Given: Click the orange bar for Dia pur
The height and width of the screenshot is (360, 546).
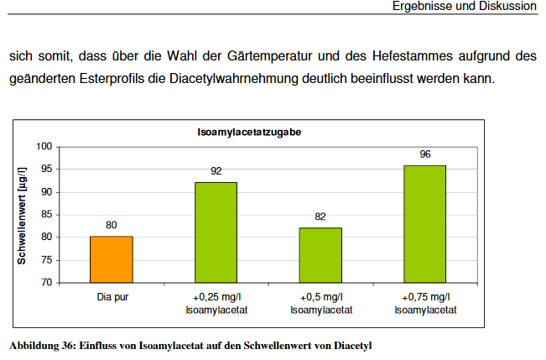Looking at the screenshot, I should pos(112,259).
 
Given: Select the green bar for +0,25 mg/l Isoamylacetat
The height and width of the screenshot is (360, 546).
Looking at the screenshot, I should pos(216,232).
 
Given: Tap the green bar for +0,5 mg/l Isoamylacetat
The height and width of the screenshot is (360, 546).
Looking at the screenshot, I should pos(320,255).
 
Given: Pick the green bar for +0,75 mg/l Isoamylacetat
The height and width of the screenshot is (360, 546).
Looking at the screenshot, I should pos(424,224).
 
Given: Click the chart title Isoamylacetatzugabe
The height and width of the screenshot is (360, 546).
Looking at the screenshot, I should pos(250,133).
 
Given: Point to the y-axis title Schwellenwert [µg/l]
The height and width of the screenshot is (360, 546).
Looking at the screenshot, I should pos(23,216).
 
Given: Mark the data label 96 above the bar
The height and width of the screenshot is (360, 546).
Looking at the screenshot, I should pos(425,154).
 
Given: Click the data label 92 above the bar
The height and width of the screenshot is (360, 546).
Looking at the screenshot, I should pos(216,171).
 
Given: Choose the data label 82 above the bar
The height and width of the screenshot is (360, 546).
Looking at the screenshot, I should pos(320,217).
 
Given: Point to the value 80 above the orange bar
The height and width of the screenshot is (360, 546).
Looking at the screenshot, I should pos(112,225).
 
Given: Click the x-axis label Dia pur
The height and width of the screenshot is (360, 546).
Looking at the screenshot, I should pos(112,297).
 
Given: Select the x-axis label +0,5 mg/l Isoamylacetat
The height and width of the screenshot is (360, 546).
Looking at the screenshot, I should pos(320,303).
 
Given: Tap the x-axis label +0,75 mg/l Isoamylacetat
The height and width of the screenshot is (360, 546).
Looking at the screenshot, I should pos(424,303).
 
